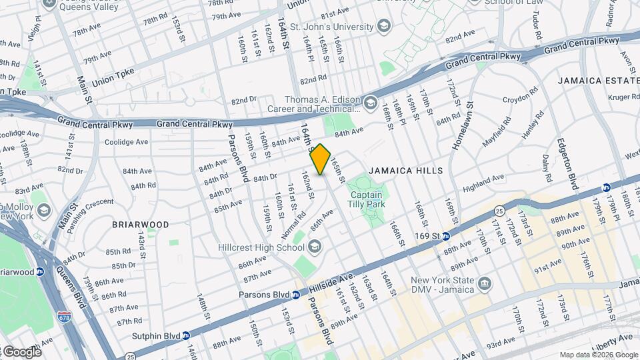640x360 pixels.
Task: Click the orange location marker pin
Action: click(x=321, y=159)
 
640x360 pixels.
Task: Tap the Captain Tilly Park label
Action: click(x=365, y=200)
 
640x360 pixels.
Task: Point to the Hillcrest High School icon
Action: click(x=314, y=247)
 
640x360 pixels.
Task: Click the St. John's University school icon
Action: click(x=383, y=27)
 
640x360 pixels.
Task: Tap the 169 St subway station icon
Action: click(x=446, y=236)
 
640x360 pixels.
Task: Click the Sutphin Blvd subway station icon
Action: click(x=186, y=335)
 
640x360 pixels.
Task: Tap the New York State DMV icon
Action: click(x=485, y=285)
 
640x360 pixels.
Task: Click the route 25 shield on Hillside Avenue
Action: click(x=499, y=211)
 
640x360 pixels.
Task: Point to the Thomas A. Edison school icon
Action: click(x=371, y=104)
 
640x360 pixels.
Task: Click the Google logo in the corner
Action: click(x=21, y=351)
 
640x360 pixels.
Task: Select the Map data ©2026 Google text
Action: click(x=598, y=355)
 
